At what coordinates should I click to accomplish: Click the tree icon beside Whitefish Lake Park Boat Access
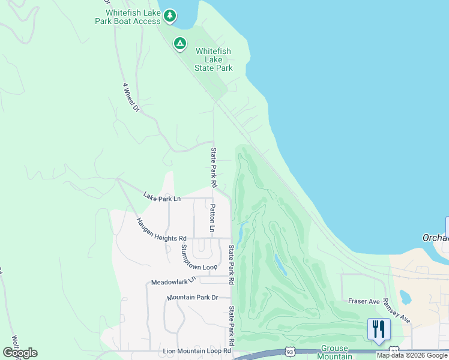coord(170,16)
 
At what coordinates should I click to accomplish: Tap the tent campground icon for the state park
coord(179,43)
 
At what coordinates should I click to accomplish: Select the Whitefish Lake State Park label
coord(214,60)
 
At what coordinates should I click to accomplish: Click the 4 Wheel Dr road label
coord(131,98)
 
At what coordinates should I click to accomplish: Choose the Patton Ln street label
coord(212,218)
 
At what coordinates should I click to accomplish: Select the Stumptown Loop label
coord(195,259)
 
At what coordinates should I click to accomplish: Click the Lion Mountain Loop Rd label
coord(197,350)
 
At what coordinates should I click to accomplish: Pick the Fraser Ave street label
coord(364,301)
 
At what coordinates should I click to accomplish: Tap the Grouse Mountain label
coord(336,352)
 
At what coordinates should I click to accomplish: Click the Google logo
coord(20,353)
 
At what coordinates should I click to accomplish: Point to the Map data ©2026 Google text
coord(412,355)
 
